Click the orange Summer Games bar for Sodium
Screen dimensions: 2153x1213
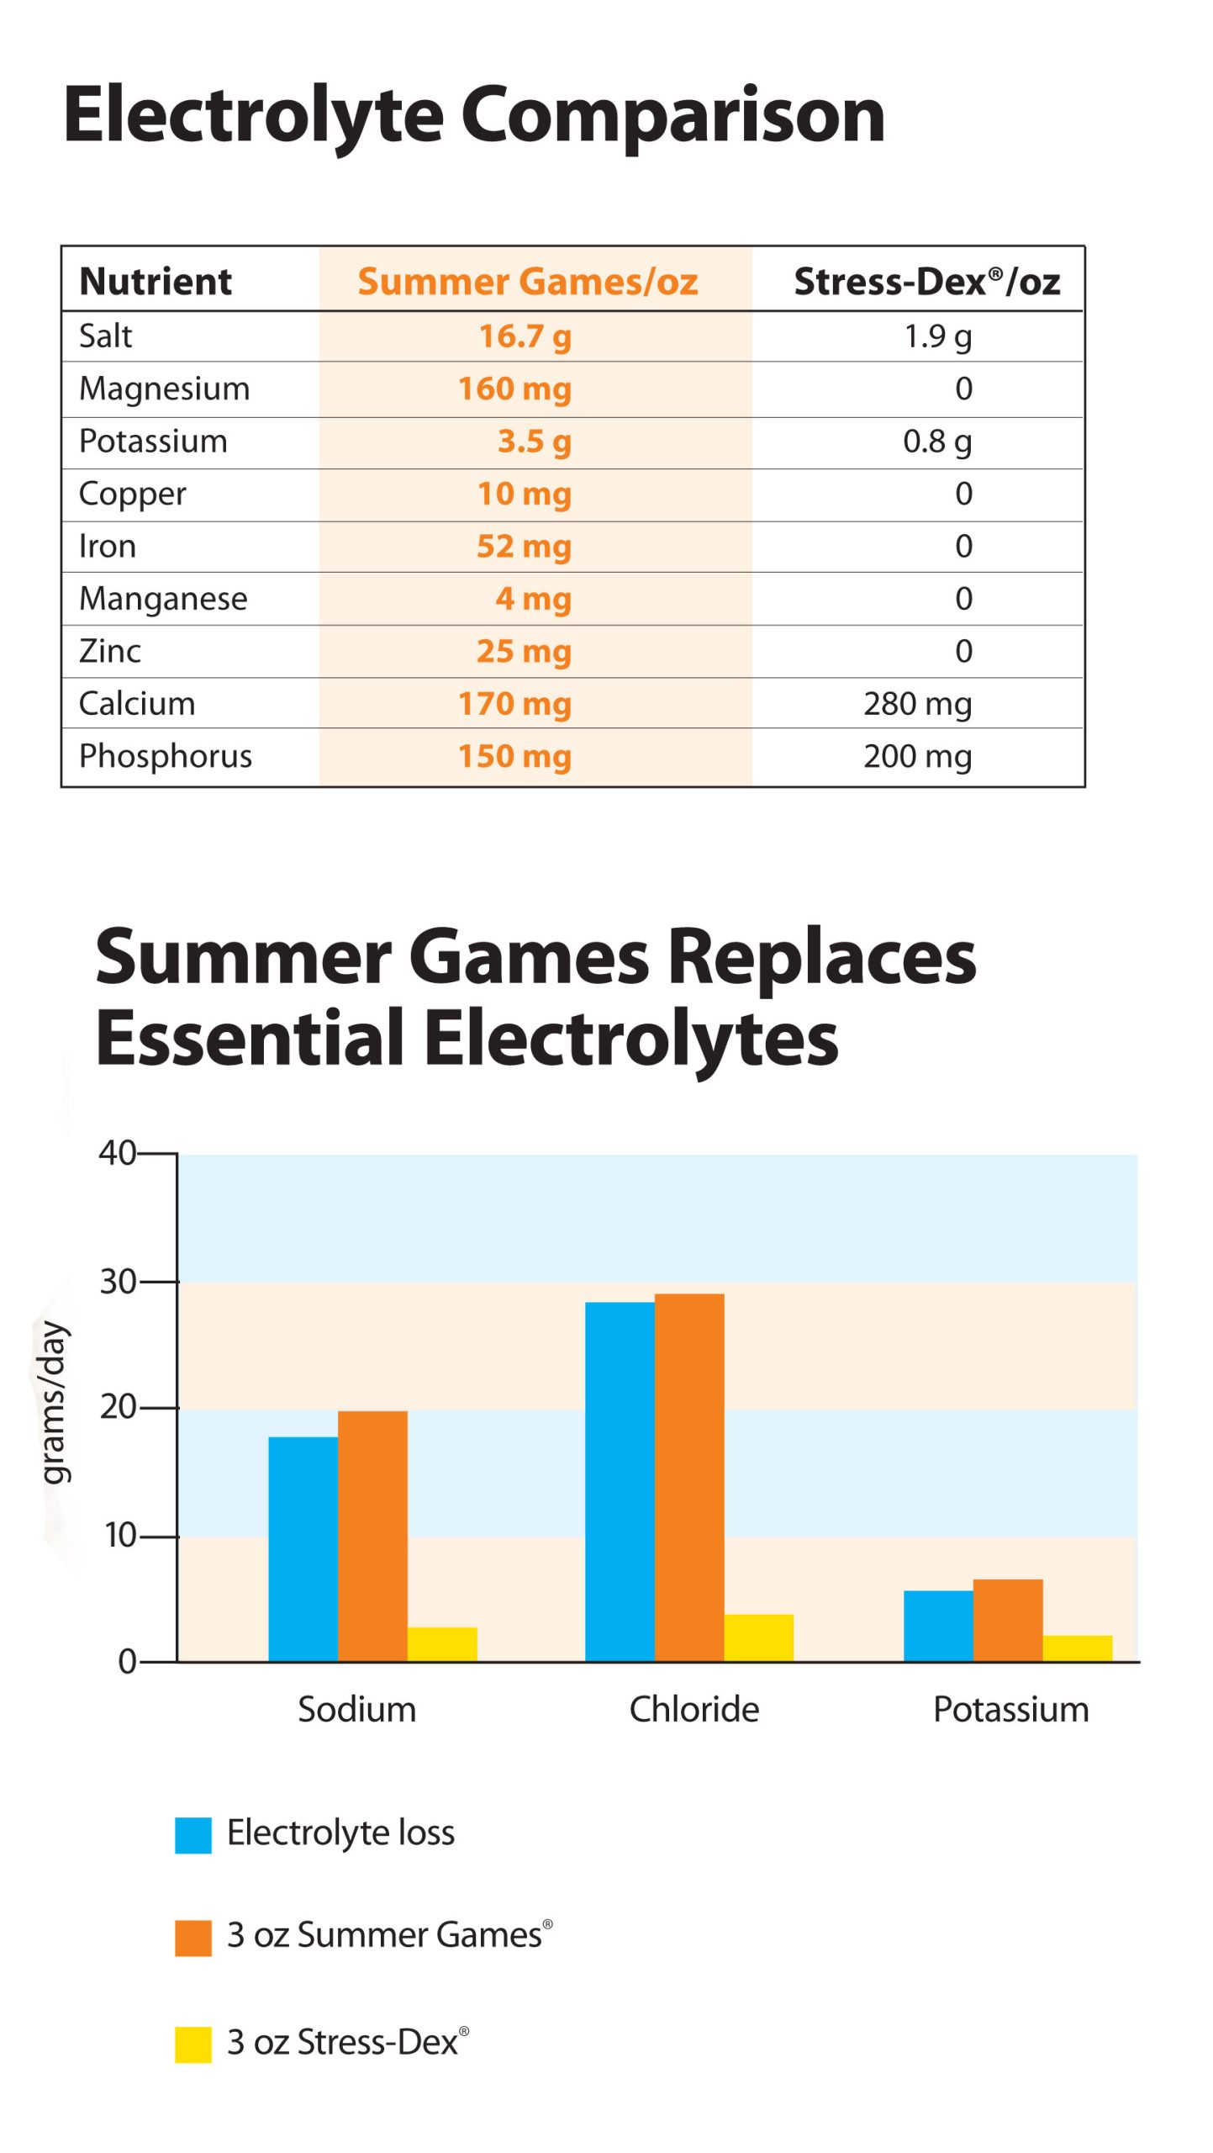pyautogui.click(x=372, y=1536)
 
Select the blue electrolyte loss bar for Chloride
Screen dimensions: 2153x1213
pyautogui.click(x=620, y=1481)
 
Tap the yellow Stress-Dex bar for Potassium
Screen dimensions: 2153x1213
pyautogui.click(x=1077, y=1648)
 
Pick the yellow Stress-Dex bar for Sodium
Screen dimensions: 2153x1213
pyautogui.click(x=442, y=1643)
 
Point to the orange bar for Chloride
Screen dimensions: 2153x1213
pyautogui.click(x=689, y=1477)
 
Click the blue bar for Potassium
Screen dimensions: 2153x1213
pyautogui.click(x=938, y=1626)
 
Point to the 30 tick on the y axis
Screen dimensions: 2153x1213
pyautogui.click(x=119, y=1282)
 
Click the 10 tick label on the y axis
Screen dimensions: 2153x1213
pyautogui.click(x=120, y=1536)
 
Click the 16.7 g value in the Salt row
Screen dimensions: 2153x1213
pyautogui.click(x=525, y=336)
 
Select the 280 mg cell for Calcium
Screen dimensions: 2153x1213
pyautogui.click(x=917, y=704)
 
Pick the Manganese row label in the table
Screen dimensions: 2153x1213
pyautogui.click(x=163, y=599)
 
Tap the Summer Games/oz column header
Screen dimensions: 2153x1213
pyautogui.click(x=528, y=282)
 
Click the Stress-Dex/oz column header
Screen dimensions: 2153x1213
pyautogui.click(x=926, y=282)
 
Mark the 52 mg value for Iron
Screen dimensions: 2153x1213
pyautogui.click(x=524, y=547)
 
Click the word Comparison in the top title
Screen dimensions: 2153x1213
pyautogui.click(x=672, y=115)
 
